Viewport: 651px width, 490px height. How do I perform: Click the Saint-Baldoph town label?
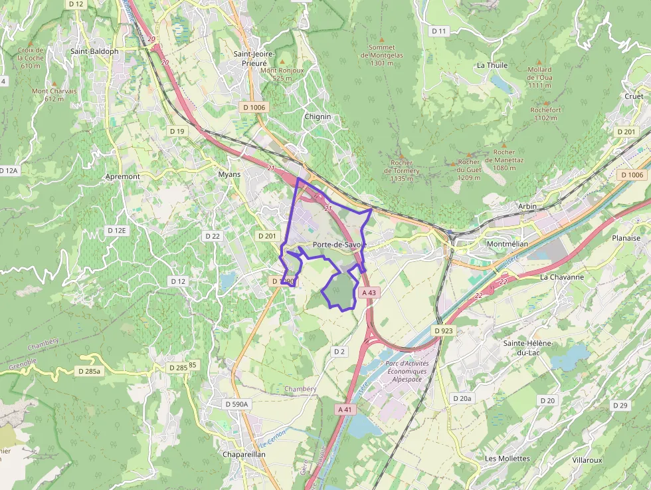click(x=94, y=51)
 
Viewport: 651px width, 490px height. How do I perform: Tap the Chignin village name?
click(x=317, y=116)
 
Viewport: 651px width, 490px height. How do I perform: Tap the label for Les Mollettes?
click(x=508, y=459)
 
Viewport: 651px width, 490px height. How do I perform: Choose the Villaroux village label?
click(x=587, y=459)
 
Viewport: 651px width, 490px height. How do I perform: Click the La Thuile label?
click(x=492, y=65)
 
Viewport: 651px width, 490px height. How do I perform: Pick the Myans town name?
click(x=229, y=174)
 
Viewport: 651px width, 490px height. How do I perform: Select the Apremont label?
click(x=123, y=177)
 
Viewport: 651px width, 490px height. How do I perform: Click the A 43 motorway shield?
click(x=369, y=293)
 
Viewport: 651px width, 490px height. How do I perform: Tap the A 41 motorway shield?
click(x=345, y=410)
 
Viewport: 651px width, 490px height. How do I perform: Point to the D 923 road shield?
click(x=443, y=330)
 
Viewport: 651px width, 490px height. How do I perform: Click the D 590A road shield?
click(x=236, y=404)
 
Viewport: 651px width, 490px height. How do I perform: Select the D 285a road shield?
click(x=88, y=371)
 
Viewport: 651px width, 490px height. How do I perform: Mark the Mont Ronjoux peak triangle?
click(x=282, y=62)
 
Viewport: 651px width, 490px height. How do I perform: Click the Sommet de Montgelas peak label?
click(x=381, y=55)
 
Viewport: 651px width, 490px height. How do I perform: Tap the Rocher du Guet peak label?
click(x=469, y=170)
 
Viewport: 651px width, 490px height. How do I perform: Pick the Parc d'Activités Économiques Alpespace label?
click(x=407, y=372)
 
